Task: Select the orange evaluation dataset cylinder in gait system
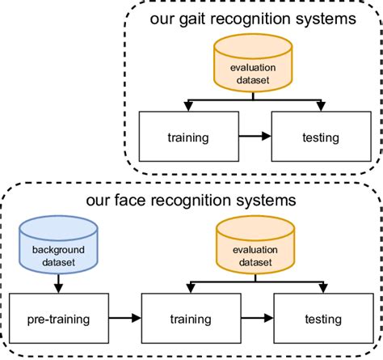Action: tap(252, 68)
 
